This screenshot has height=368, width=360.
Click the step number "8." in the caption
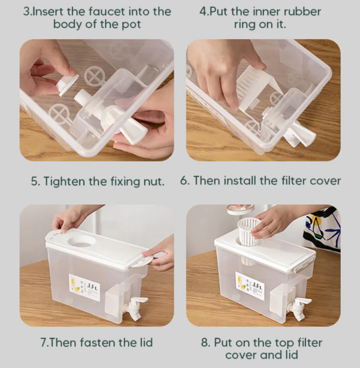click(x=206, y=343)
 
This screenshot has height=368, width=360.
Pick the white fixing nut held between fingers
click(x=67, y=85)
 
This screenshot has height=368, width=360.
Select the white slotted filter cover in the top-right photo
click(x=253, y=90)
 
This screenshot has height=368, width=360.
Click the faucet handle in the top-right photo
click(x=299, y=136)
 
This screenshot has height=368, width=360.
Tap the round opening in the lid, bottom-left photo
click(x=84, y=241)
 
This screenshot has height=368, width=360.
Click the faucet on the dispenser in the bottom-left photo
click(x=135, y=306)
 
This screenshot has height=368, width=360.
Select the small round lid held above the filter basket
click(x=239, y=210)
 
